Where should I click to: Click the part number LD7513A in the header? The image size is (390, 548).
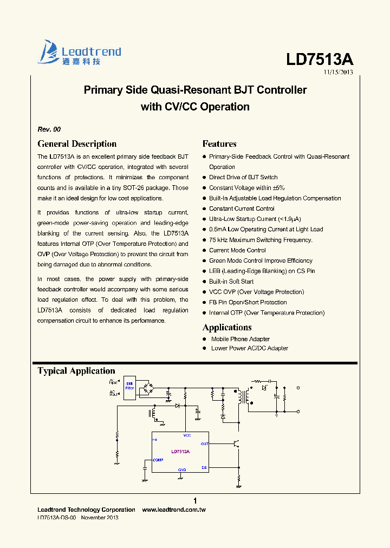coord(320,60)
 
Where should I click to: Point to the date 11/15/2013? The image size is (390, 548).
coord(339,72)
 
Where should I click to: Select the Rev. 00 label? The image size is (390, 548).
coord(49,129)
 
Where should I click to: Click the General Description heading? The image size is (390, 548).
coord(77,144)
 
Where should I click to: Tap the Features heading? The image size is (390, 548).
coord(219,144)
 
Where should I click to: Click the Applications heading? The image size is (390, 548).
coord(227,328)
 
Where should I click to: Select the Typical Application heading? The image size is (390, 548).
coord(76,371)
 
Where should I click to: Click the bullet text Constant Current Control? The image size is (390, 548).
coord(242,208)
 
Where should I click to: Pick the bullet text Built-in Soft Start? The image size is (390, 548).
coord(231,282)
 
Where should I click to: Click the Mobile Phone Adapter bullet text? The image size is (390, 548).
coord(240,339)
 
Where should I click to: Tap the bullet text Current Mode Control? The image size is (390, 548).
coord(237,250)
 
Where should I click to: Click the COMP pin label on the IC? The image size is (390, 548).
coord(158,460)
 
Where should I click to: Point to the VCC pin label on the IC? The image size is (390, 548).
coord(187,435)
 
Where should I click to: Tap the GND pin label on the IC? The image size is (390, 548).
coord(182,469)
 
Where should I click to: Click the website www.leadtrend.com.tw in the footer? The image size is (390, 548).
coord(174,510)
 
